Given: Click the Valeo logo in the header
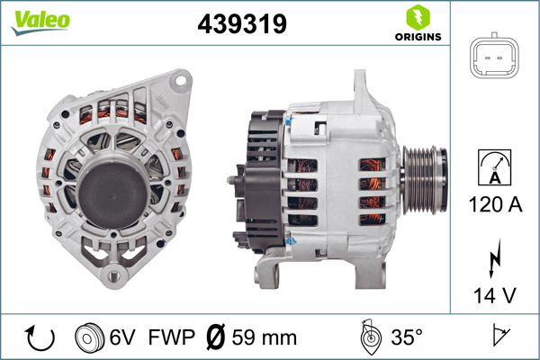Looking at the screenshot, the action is click(40, 22).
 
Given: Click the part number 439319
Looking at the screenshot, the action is click(242, 23).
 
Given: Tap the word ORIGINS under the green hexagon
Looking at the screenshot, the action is click(418, 37).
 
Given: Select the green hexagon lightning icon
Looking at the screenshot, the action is click(418, 17).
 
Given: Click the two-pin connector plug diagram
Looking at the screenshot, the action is click(494, 56).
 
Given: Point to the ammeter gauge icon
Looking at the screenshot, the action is click(494, 167).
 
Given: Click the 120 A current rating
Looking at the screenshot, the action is click(495, 204).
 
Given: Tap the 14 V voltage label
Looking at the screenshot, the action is click(495, 295).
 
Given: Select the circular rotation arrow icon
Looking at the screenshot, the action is click(40, 338).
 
